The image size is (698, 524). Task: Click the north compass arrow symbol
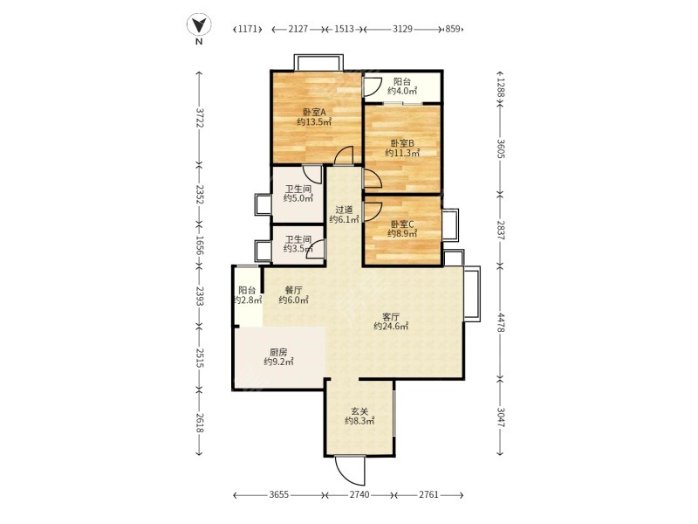coord(199,25)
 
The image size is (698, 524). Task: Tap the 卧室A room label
coord(314,112)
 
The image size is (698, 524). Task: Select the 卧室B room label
coord(402,143)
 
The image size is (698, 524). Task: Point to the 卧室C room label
coord(402,224)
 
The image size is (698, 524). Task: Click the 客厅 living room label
coord(391,316)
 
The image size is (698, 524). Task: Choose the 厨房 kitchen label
coord(278,352)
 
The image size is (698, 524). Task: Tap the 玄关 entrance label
coord(359,410)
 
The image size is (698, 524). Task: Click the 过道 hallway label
coord(344,210)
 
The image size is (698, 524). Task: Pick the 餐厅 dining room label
coord(293,290)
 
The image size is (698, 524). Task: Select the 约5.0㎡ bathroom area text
coord(298,198)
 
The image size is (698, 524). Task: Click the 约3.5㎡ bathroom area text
coord(298,249)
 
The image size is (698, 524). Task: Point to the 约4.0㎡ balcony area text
coord(402,91)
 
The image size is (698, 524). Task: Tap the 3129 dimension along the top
coord(402,29)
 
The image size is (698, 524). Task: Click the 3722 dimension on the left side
coord(199,118)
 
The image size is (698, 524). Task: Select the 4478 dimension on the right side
coord(501,322)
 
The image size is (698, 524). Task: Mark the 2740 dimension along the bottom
coord(359,494)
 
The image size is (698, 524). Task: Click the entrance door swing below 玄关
coord(350,471)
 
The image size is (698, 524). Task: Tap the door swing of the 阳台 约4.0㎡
coord(373,87)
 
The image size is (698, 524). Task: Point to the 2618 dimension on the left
coord(199,422)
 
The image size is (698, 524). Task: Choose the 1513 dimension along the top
coord(344,29)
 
